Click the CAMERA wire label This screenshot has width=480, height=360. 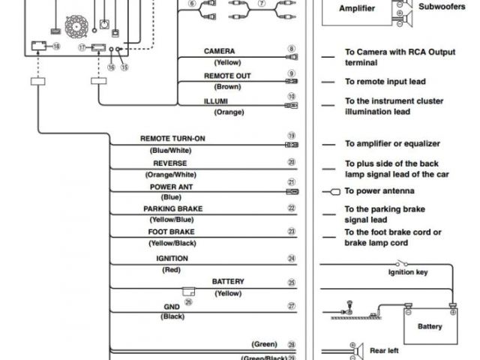click(220, 52)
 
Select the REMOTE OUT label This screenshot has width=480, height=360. click(227, 76)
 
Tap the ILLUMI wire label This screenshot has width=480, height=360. click(215, 100)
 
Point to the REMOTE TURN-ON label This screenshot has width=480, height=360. click(172, 139)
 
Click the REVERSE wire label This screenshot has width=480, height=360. click(169, 163)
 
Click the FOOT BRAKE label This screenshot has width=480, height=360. click(171, 232)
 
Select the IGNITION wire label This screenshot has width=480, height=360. click(172, 258)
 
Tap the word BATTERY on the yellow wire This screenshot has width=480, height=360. click(228, 281)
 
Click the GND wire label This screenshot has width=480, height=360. click(172, 306)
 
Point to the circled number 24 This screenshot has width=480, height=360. click(291, 259)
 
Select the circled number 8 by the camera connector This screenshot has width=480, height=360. click(291, 49)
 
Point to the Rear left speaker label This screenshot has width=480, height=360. click(383, 350)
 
